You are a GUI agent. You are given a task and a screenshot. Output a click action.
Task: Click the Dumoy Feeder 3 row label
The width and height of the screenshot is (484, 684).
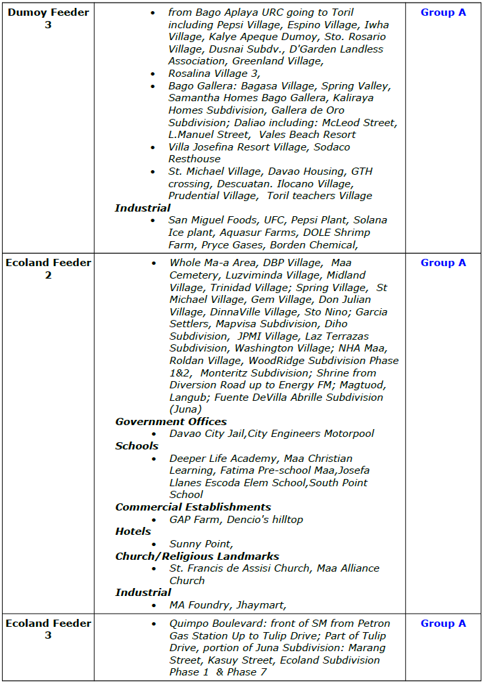(x=48, y=18)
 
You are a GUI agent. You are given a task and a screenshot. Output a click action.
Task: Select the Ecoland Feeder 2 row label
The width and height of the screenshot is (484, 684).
(x=48, y=269)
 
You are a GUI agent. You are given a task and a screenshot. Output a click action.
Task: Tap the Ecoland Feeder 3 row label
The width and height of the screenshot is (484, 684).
(x=48, y=629)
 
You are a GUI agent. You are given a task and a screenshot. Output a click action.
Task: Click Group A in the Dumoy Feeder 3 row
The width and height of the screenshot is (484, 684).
(x=443, y=12)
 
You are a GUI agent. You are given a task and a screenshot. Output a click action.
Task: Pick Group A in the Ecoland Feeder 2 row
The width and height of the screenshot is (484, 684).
(x=443, y=263)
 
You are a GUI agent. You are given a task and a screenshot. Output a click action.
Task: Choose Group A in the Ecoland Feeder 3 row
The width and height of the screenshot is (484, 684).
(x=443, y=624)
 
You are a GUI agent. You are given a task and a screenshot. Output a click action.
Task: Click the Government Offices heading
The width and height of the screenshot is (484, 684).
(x=171, y=422)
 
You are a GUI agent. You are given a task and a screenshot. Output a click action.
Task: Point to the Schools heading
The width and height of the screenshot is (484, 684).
(x=137, y=446)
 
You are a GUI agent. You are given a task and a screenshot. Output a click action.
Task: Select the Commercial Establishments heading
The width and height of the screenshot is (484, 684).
(x=193, y=507)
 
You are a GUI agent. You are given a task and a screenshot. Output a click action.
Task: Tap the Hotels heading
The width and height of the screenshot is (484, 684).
(x=133, y=532)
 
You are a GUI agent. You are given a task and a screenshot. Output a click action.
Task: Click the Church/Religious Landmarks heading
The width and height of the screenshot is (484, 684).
(x=197, y=557)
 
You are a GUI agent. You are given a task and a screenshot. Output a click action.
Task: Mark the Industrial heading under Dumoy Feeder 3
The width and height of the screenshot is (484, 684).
(x=143, y=208)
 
